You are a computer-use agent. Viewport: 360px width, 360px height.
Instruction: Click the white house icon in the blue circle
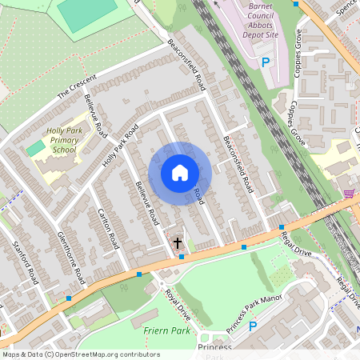tap(180, 173)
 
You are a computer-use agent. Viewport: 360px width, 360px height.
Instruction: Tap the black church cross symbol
tap(177, 241)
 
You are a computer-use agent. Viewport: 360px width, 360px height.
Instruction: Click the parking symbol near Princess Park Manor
tap(253, 326)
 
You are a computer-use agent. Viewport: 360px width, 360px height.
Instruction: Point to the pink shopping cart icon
tap(349, 194)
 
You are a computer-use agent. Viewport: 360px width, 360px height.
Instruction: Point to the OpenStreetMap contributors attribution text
tap(80, 354)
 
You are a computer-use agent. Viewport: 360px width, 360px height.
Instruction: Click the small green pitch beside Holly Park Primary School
tap(35, 148)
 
